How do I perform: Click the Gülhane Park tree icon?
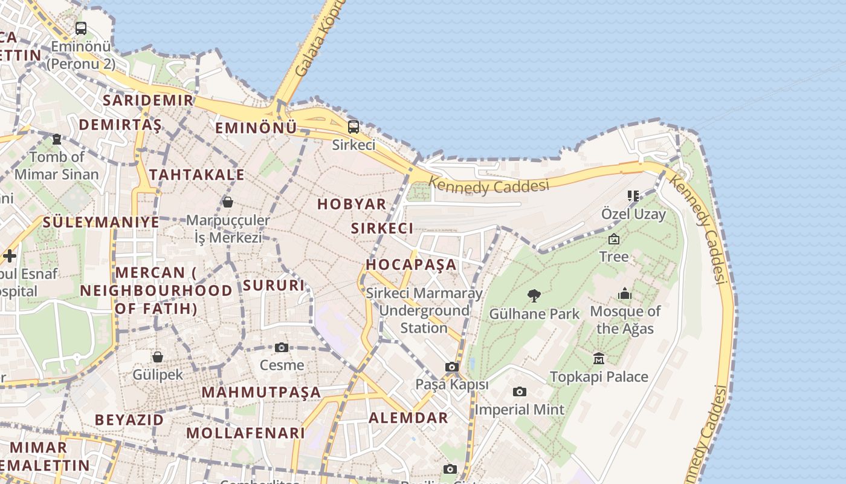[534, 295]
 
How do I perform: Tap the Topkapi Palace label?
[599, 377]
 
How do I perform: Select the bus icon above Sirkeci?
[354, 127]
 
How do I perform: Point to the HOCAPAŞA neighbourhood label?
[411, 264]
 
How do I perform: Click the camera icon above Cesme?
[282, 347]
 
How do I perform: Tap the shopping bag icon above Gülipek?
[158, 357]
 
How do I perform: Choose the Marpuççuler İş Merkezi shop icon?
[228, 202]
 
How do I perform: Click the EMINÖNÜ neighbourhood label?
[256, 128]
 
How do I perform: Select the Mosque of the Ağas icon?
[625, 294]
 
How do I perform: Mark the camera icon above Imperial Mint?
[519, 392]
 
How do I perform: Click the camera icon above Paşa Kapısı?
[451, 367]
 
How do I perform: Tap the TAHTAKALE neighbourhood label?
[197, 175]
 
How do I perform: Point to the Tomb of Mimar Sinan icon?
[57, 139]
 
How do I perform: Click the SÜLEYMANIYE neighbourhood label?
[101, 222]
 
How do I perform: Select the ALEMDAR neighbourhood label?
[408, 417]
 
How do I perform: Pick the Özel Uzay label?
[633, 214]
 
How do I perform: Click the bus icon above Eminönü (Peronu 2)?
[80, 28]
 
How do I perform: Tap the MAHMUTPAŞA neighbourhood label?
[261, 392]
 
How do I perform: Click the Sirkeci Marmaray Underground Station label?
[424, 310]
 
